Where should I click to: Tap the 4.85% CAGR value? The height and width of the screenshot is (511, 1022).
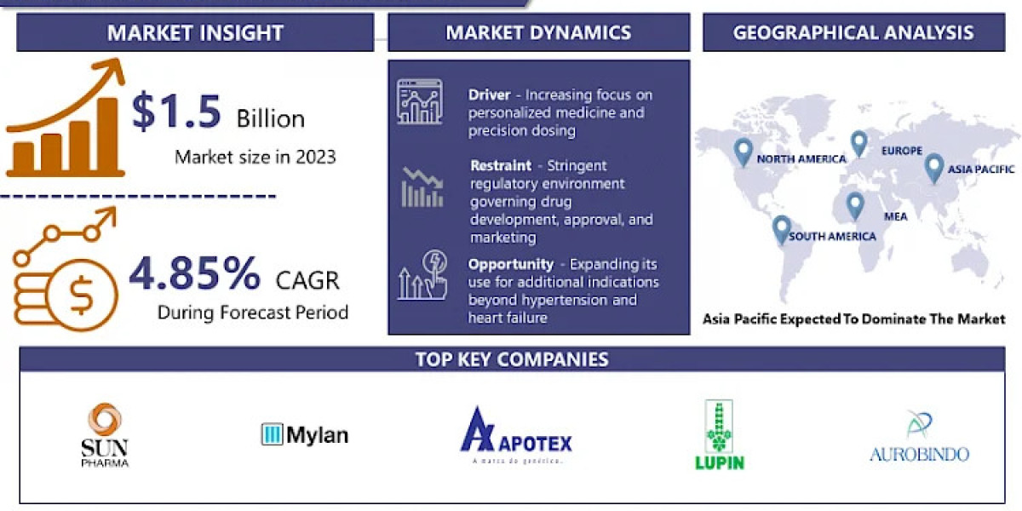tap(194, 274)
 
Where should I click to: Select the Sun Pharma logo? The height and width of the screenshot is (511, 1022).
tap(105, 434)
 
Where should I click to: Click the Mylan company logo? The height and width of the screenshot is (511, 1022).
tap(305, 435)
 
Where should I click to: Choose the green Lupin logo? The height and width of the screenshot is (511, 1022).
tap(719, 434)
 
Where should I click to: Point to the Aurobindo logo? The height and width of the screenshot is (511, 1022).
tap(919, 436)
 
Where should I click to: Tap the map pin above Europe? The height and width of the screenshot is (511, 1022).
tap(858, 143)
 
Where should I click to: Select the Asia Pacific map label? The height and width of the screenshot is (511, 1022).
tap(982, 169)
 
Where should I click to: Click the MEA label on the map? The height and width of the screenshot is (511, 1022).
tap(895, 216)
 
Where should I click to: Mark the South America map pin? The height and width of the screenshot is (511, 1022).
tap(781, 229)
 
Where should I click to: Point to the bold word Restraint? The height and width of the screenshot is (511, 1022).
tap(501, 165)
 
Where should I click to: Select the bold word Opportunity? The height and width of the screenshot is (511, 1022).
tap(510, 264)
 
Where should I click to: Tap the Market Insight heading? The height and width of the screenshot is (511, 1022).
tap(195, 33)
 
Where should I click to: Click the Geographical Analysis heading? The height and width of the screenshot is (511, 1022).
tap(853, 33)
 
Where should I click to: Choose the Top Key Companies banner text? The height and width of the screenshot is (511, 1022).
tap(512, 359)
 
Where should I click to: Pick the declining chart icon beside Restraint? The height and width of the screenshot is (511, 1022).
tap(422, 188)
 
